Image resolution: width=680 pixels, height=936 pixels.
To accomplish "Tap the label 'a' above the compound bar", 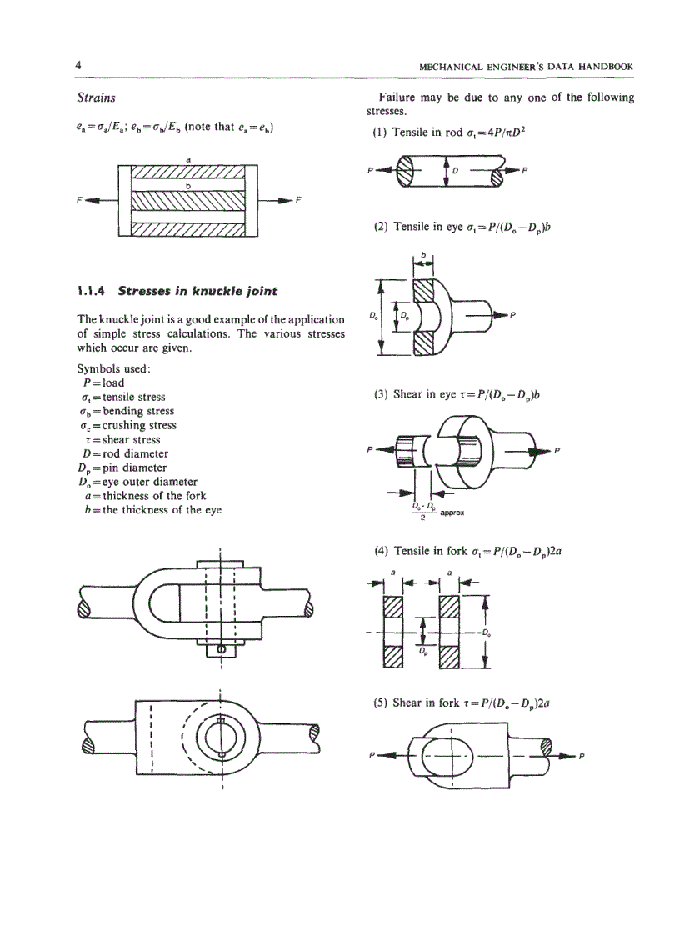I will [x=187, y=159].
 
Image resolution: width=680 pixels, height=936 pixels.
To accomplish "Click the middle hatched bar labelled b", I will [x=187, y=202].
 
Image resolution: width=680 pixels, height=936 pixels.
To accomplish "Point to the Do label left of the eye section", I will [x=372, y=316].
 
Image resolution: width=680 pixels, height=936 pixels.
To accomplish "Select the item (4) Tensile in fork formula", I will [x=472, y=549].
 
